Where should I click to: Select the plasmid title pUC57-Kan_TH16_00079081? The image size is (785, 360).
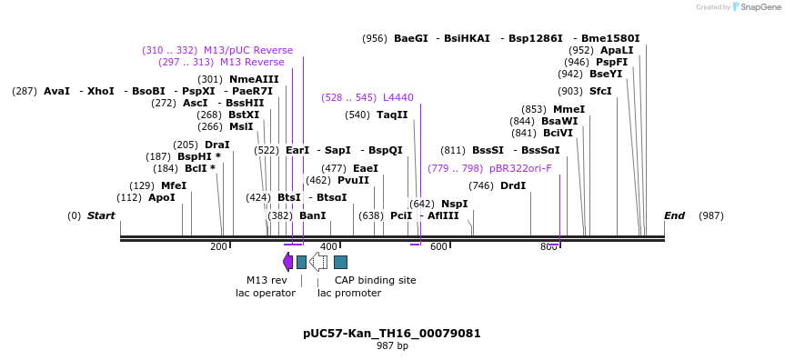pyautogui.click(x=392, y=334)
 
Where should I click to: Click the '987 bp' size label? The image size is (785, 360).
pyautogui.click(x=392, y=346)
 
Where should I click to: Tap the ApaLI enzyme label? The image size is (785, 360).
pyautogui.click(x=617, y=50)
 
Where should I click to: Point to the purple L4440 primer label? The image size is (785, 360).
pyautogui.click(x=398, y=97)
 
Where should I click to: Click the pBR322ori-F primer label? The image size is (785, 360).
pyautogui.click(x=520, y=168)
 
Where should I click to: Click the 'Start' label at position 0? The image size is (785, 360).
pyautogui.click(x=101, y=215)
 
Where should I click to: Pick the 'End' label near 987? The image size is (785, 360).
pyautogui.click(x=674, y=215)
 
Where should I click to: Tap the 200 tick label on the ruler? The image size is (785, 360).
pyautogui.click(x=218, y=246)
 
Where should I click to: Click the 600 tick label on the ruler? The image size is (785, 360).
pyautogui.click(x=438, y=246)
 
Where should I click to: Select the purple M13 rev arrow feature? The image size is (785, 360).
pyautogui.click(x=287, y=262)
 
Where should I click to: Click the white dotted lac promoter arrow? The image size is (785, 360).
pyautogui.click(x=318, y=262)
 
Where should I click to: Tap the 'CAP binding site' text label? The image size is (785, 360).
pyautogui.click(x=375, y=280)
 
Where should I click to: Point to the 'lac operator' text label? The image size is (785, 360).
pyautogui.click(x=266, y=293)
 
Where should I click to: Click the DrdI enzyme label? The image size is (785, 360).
pyautogui.click(x=513, y=185)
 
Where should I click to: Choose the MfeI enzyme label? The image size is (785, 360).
pyautogui.click(x=174, y=185)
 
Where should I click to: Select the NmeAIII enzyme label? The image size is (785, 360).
pyautogui.click(x=254, y=79)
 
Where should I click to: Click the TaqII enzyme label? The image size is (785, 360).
pyautogui.click(x=392, y=115)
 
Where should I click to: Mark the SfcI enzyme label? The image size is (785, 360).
pyautogui.click(x=600, y=91)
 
